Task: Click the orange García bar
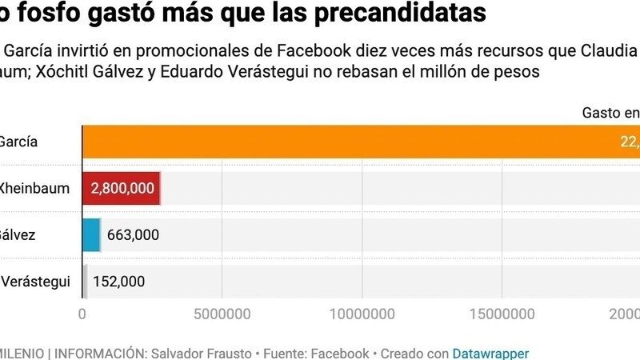click(360, 142)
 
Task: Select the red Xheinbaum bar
click(122, 188)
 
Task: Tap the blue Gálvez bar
click(91, 234)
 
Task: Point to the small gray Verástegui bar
click(85, 281)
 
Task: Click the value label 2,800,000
click(122, 188)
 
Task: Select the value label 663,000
click(133, 234)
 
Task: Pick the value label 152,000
click(118, 281)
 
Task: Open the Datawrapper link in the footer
click(490, 353)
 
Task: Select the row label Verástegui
click(35, 281)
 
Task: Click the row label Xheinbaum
click(35, 188)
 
